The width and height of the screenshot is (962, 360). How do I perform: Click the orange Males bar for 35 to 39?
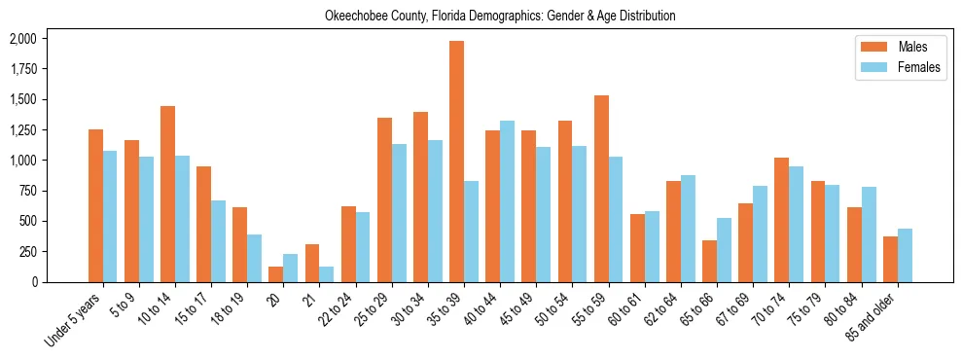(x=456, y=162)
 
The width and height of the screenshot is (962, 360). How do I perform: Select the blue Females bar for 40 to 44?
(x=507, y=201)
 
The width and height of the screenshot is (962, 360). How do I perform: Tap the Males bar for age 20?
(x=275, y=274)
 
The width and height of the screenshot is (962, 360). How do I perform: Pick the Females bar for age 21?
(x=326, y=274)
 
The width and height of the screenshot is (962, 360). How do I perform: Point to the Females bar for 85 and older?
(x=905, y=256)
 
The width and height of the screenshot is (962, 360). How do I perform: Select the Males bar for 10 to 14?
(x=167, y=194)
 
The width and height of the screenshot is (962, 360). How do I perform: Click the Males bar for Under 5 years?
(x=95, y=205)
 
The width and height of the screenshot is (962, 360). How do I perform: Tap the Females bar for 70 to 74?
(x=796, y=224)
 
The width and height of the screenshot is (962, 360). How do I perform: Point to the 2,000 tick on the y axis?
(x=22, y=39)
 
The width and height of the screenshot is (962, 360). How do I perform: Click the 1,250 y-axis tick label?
(x=22, y=130)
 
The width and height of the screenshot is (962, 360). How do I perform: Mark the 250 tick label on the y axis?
(x=27, y=252)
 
